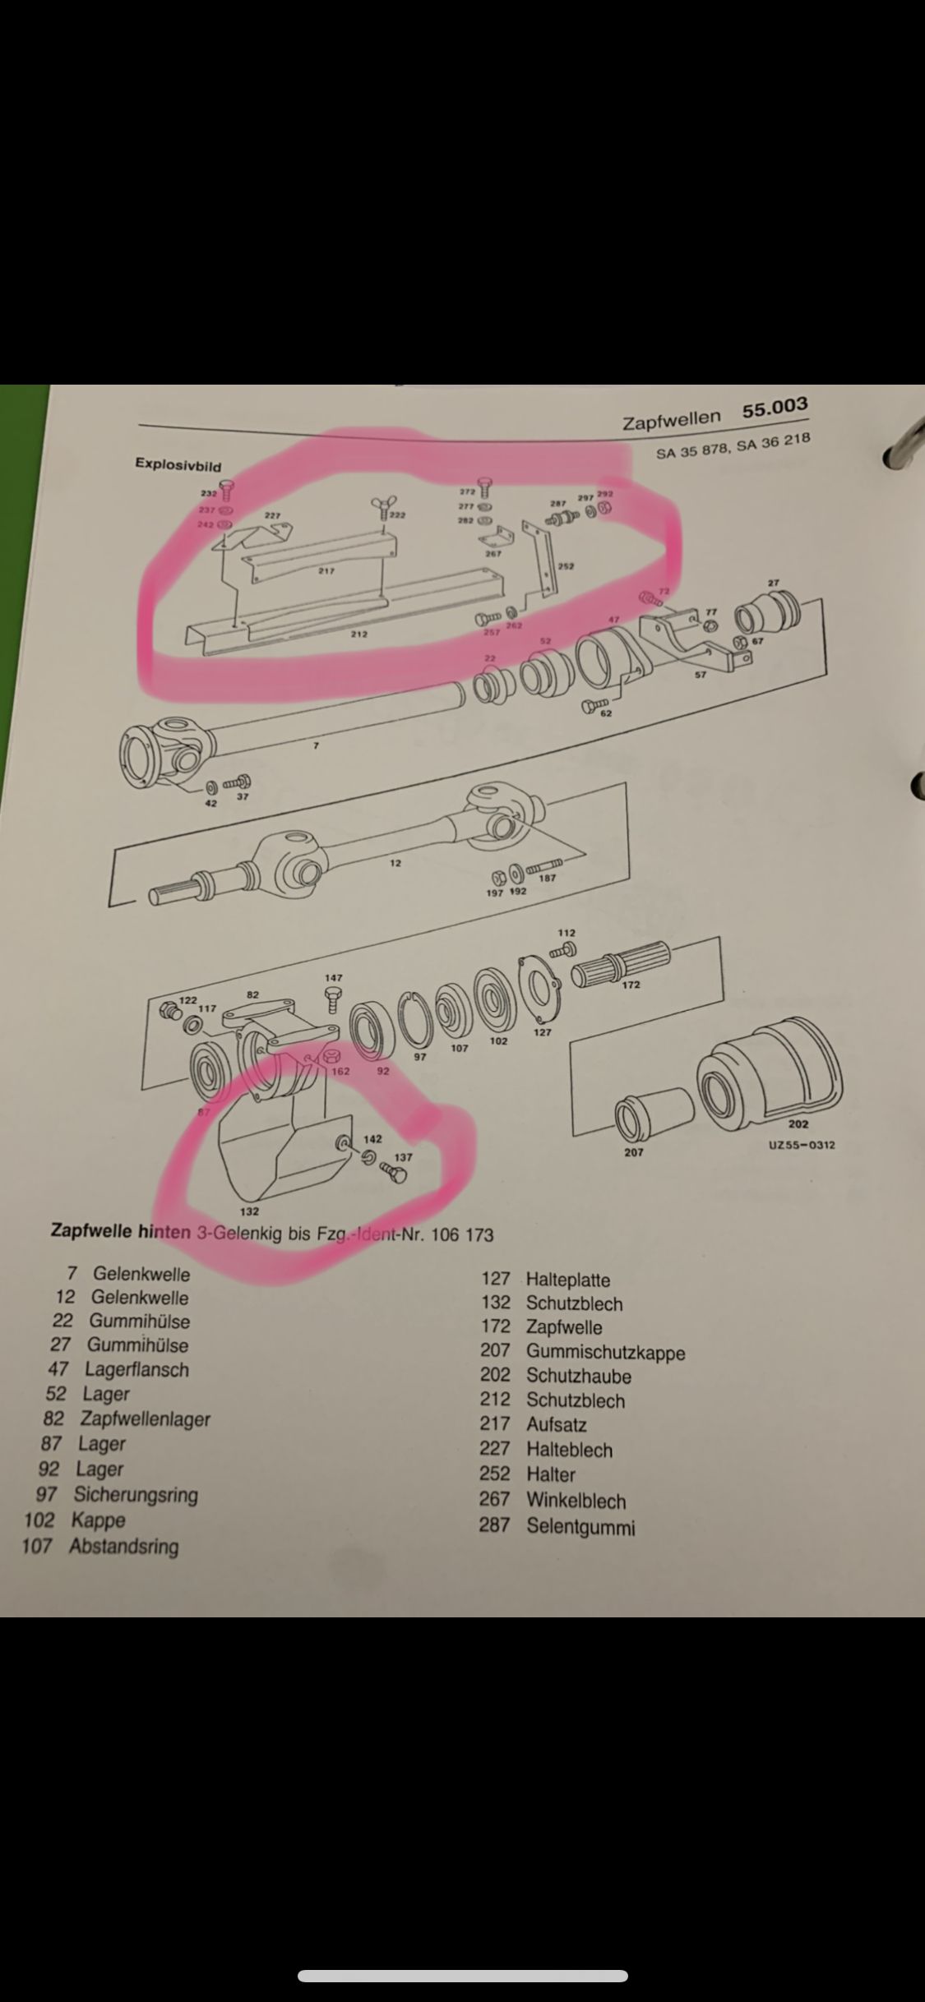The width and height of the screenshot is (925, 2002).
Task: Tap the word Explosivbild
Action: (x=178, y=465)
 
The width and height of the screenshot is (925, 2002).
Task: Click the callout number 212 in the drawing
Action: (x=358, y=634)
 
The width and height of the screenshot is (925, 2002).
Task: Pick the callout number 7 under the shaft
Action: (x=315, y=745)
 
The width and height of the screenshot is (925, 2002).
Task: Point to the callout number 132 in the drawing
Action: (x=248, y=1211)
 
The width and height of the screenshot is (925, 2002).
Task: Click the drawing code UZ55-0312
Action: (x=801, y=1144)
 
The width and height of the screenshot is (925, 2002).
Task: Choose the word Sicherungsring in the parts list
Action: (x=136, y=1494)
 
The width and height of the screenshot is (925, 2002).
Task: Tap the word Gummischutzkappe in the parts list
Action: (x=605, y=1352)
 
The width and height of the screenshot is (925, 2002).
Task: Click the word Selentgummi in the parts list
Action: (x=580, y=1527)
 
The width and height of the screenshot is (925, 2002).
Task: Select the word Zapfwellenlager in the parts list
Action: (x=145, y=1419)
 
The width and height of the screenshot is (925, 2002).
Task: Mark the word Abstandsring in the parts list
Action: (x=123, y=1546)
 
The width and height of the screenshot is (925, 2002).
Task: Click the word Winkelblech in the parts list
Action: (x=576, y=1501)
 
